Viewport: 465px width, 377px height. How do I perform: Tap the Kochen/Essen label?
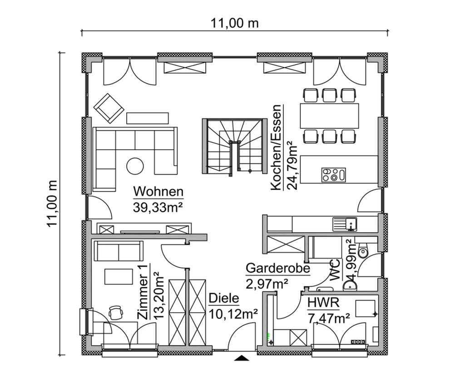click(277, 149)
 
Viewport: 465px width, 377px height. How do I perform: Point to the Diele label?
click(223, 299)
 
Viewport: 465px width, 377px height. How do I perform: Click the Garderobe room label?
click(277, 268)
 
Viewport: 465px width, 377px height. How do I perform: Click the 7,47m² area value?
click(328, 318)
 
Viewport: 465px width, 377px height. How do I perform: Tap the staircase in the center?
click(234, 145)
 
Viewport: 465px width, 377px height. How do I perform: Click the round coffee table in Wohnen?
click(135, 165)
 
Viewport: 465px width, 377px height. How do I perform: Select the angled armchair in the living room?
click(108, 108)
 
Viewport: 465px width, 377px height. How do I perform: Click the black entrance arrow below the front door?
click(242, 358)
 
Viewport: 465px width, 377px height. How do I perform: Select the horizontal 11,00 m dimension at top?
click(234, 23)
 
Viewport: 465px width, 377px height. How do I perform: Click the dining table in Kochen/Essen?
click(329, 115)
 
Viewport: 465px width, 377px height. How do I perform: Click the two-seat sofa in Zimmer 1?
click(117, 250)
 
